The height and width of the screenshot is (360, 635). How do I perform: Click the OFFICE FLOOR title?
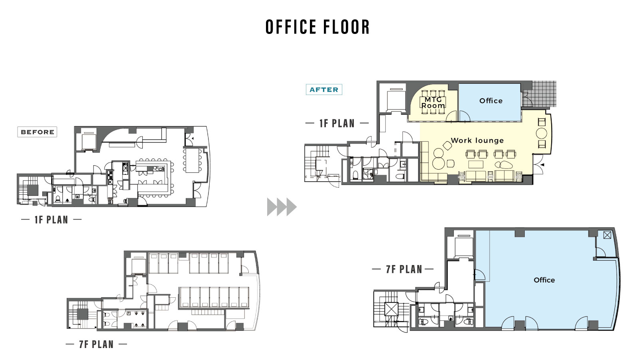[x=317, y=27]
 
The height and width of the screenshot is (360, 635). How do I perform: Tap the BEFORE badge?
[x=37, y=132]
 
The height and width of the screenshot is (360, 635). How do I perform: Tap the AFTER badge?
[x=324, y=89]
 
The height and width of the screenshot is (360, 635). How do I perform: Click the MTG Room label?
[x=433, y=103]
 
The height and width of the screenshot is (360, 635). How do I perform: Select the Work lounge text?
[x=477, y=140]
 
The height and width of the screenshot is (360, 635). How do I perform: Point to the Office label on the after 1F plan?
[x=491, y=101]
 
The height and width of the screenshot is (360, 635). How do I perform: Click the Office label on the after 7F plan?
[x=544, y=280]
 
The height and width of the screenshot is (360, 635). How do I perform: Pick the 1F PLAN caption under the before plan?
[x=51, y=220]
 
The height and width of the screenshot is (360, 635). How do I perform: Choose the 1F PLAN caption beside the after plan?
[x=337, y=123]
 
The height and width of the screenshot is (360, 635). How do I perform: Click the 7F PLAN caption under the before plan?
[x=96, y=344]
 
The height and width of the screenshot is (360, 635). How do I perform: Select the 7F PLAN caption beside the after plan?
[x=404, y=269]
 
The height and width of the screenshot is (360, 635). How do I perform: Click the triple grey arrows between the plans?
[x=282, y=207]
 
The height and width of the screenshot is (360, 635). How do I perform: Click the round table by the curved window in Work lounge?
[x=542, y=133]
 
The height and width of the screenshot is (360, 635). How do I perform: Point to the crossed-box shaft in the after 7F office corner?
[x=607, y=235]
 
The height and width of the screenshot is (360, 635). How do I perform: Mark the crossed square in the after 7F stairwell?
[x=391, y=309]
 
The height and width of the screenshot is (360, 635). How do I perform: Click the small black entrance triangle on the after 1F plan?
[x=542, y=164]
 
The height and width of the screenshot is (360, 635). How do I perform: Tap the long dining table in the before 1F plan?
[x=192, y=160]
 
